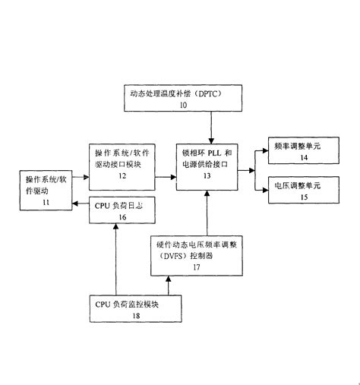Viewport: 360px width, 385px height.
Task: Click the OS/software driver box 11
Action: click(x=47, y=190)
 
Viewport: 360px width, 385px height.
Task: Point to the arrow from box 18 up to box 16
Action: click(x=114, y=258)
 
